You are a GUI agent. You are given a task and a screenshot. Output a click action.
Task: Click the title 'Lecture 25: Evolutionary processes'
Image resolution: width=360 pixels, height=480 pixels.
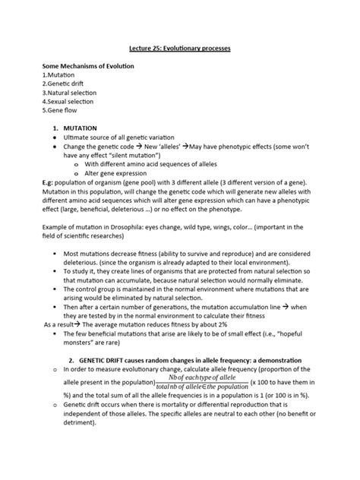[x=179, y=48]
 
